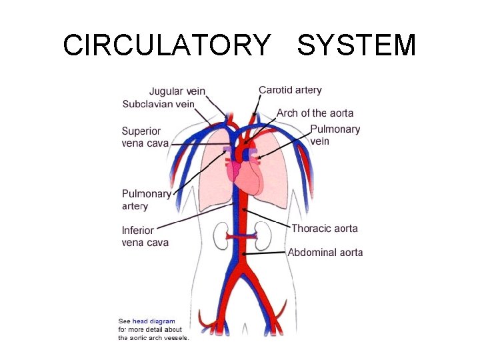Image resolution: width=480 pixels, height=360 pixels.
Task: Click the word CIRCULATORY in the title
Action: click(167, 45)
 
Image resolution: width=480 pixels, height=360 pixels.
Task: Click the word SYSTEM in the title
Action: click(357, 45)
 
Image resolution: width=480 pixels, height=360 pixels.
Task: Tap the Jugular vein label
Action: click(177, 91)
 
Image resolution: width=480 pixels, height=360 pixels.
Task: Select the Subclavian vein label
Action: click(158, 104)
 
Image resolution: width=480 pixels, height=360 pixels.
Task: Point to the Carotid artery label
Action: click(290, 90)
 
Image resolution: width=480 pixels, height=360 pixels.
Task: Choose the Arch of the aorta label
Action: click(315, 113)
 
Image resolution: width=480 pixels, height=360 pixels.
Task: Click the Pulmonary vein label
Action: click(335, 135)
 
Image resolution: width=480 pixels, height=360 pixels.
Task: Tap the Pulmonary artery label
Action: click(146, 200)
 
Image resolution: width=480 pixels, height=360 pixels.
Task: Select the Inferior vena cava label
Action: click(145, 237)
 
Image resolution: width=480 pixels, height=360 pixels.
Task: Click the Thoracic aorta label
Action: click(325, 229)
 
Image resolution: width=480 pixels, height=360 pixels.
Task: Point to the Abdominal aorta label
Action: click(325, 253)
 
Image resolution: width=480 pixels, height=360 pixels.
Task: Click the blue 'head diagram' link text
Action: click(153, 321)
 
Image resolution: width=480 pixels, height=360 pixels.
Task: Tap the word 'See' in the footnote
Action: click(124, 321)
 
